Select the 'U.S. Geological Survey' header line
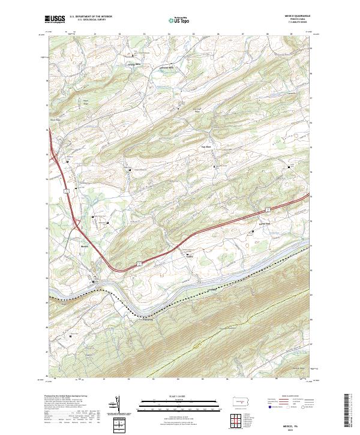(88, 21)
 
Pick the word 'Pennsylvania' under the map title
(298, 20)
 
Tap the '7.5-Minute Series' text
(298, 23)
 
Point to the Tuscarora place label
(148, 319)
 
